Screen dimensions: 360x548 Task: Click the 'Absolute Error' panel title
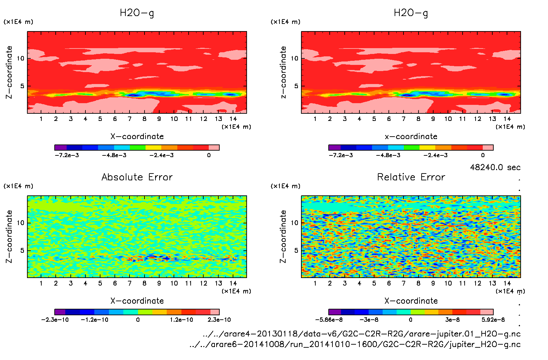click(137, 177)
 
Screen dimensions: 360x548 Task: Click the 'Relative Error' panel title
click(411, 177)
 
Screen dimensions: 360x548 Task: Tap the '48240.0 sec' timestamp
click(495, 167)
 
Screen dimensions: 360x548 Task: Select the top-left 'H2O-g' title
click(137, 13)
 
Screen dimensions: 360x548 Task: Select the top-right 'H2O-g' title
click(411, 13)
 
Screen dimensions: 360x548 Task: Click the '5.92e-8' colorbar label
click(493, 320)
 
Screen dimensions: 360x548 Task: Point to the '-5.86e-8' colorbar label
click(329, 320)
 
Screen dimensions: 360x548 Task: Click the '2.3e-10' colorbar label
click(219, 320)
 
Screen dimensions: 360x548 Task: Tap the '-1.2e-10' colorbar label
click(94, 320)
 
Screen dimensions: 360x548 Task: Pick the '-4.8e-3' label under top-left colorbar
click(114, 155)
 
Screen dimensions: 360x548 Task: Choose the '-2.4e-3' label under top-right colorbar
click(435, 155)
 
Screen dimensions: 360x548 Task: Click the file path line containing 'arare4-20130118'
click(361, 334)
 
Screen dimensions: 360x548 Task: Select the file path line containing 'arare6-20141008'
click(355, 344)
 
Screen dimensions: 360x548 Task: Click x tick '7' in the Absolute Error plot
click(129, 283)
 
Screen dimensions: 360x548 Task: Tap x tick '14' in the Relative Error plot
click(507, 283)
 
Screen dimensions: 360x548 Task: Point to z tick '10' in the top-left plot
click(20, 58)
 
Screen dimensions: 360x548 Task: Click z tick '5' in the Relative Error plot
click(296, 250)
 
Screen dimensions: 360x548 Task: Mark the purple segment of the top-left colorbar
click(60, 148)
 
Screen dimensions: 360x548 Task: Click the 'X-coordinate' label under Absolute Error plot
click(137, 301)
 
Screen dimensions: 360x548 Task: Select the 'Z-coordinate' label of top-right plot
click(283, 72)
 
